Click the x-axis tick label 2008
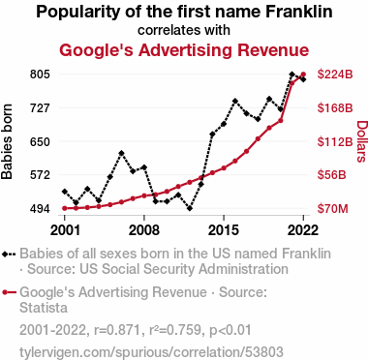point(144,230)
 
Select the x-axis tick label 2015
point(224,230)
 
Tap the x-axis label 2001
point(65,230)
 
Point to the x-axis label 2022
point(303,230)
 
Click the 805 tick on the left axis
point(40,75)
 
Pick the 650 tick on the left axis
point(40,141)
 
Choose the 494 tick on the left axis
point(40,209)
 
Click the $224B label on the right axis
point(335,75)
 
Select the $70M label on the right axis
point(333,209)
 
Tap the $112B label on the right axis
point(335,141)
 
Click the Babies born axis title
point(7,141)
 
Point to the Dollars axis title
point(361,141)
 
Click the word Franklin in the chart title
point(299,12)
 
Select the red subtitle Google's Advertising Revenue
point(184,50)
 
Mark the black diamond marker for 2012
point(190,208)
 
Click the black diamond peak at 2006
point(121,153)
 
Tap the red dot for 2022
point(303,75)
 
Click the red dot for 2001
point(65,208)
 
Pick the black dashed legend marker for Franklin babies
point(9,255)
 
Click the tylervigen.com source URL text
point(151,352)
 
